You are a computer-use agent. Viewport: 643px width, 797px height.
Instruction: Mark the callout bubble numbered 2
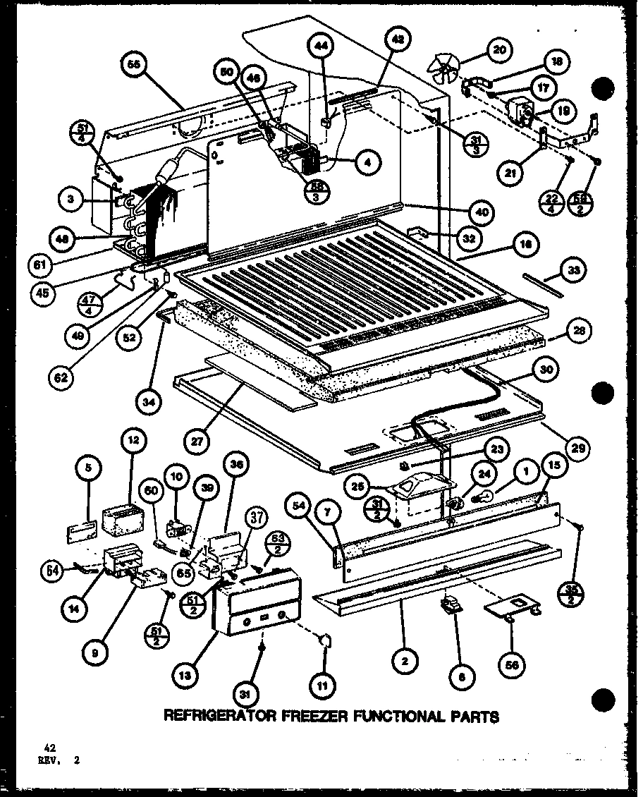point(406,661)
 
